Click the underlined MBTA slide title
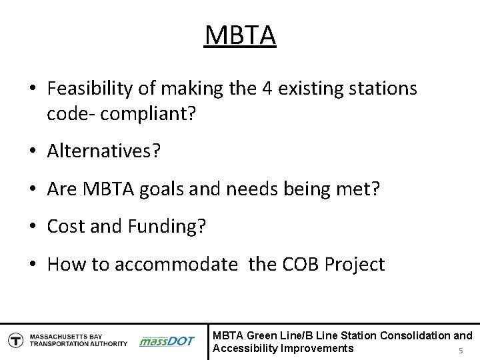coord(239,35)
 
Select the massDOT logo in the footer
coord(167,341)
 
